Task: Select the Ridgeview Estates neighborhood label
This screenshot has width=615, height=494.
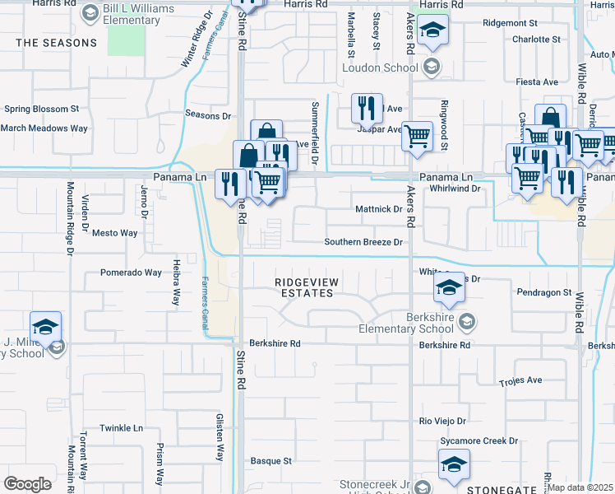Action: point(306,287)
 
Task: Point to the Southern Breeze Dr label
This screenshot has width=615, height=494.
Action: point(363,242)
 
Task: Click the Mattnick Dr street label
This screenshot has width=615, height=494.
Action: point(378,209)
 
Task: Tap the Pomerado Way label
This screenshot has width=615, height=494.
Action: point(131,273)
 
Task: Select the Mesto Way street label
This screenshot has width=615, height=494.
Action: point(114,233)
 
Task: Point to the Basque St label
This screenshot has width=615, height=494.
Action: point(271,461)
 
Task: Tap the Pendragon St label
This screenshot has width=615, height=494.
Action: point(544,292)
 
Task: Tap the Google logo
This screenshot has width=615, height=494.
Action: point(27,484)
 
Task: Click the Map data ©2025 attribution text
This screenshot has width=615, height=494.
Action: point(580,487)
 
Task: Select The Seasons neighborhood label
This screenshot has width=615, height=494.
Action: point(56,42)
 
